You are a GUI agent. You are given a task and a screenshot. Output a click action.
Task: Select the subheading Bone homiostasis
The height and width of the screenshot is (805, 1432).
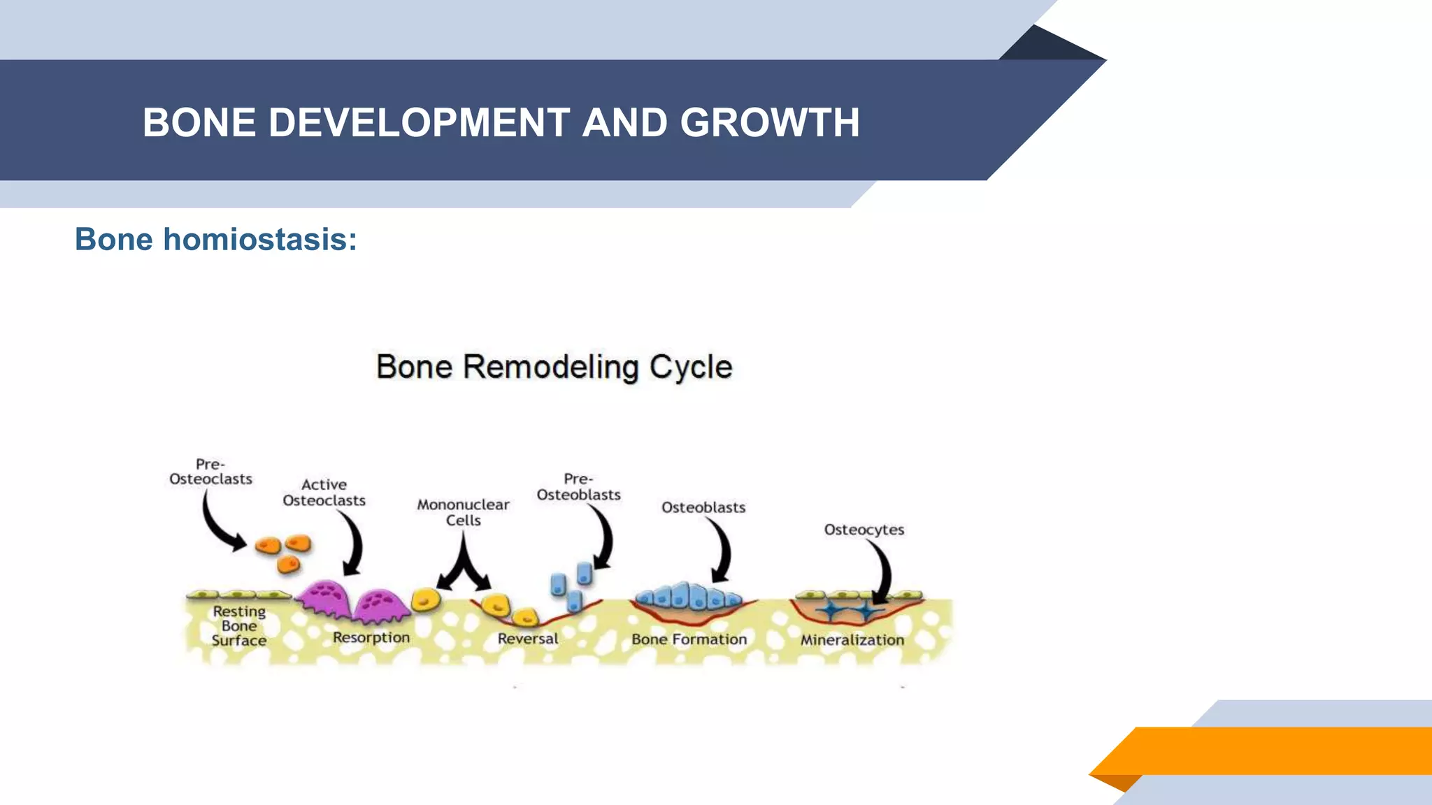[215, 240]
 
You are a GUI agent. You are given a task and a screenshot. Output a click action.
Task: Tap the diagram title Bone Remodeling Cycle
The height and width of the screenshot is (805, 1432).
[554, 367]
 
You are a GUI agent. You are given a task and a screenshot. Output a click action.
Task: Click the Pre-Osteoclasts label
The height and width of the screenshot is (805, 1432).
[210, 472]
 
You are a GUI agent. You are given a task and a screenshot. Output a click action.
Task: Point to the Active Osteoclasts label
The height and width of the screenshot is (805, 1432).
[324, 493]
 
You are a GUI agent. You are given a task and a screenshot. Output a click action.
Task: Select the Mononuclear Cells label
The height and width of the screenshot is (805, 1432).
[463, 512]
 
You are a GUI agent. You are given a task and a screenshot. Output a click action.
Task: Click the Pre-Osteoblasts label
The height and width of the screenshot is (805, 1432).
[578, 487]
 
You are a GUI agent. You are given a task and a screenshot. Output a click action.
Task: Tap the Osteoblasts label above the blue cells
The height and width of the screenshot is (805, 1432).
[703, 507]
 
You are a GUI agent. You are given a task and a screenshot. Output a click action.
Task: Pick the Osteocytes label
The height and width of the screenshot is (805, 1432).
[864, 530]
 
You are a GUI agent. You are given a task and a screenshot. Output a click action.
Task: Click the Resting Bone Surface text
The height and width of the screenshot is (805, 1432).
[239, 626]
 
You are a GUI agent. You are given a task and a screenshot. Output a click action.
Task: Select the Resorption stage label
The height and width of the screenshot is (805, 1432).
[371, 637]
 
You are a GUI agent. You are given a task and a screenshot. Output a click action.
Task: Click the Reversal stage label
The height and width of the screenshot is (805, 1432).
[527, 639]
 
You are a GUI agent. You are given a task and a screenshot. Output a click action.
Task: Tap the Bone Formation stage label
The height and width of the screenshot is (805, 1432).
[689, 639]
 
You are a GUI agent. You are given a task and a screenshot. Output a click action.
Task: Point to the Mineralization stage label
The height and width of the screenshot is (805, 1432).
[852, 640]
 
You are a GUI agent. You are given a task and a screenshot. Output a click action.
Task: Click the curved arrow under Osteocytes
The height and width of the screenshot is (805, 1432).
[882, 570]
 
